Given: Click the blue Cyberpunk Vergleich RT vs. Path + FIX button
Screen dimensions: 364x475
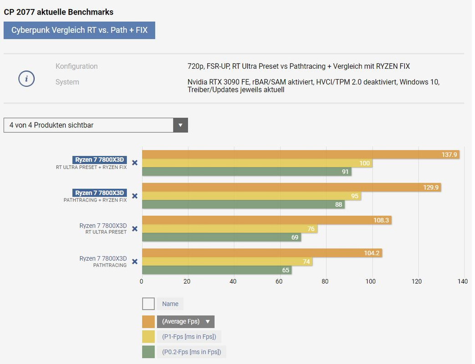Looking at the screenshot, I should (x=79, y=30).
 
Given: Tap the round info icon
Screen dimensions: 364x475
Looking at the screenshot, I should (x=26, y=79).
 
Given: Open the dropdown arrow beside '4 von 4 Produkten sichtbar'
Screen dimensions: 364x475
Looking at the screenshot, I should (x=180, y=125).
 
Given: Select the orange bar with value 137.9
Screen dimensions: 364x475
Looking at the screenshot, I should (x=301, y=155).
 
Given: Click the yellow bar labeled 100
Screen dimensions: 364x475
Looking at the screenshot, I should (x=257, y=163).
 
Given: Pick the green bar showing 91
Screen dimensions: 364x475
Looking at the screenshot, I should (x=246, y=172).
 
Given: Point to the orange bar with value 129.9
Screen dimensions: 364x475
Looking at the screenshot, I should (x=291, y=187).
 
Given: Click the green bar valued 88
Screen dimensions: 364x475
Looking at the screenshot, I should (x=243, y=205).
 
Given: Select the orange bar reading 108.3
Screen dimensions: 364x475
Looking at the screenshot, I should (x=266, y=220).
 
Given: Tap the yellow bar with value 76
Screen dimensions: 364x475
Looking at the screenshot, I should (x=230, y=229).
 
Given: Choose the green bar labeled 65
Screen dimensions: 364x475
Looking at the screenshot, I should (x=217, y=270).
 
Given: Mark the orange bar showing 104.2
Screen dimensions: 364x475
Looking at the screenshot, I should (x=262, y=253).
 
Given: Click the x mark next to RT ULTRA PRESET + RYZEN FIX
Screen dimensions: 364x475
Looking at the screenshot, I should (x=135, y=163).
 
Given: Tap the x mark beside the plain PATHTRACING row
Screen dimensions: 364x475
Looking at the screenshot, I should (x=135, y=262).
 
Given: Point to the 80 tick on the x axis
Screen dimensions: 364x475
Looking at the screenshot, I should (x=325, y=282).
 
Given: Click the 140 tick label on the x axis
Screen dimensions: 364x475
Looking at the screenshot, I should (x=463, y=282).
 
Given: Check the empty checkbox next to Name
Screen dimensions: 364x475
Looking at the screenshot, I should (x=148, y=304).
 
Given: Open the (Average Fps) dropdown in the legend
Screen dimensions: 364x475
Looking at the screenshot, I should (x=185, y=322).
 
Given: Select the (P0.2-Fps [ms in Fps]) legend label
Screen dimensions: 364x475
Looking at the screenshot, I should (x=191, y=352).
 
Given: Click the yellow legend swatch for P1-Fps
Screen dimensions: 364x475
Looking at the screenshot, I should (x=148, y=337).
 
